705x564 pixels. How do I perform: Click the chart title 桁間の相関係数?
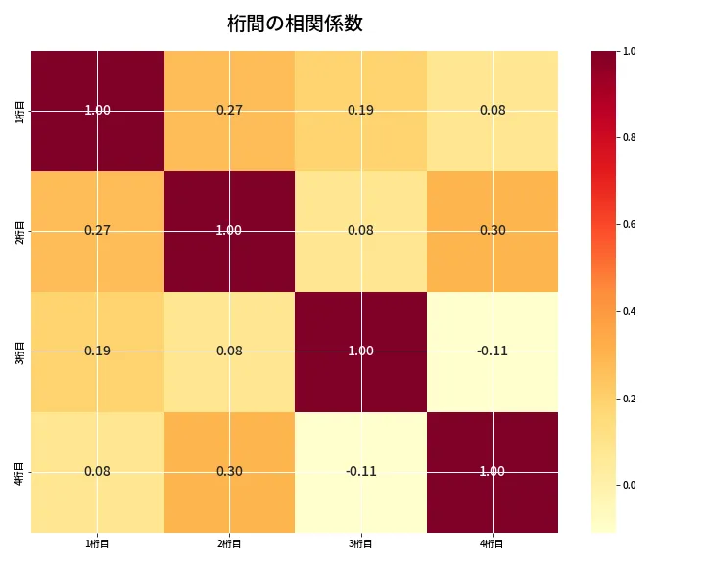pyautogui.click(x=295, y=23)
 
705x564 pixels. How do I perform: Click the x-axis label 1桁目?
pyautogui.click(x=97, y=543)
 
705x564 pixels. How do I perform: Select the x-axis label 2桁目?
pyautogui.click(x=229, y=543)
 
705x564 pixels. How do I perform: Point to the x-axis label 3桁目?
pyautogui.click(x=360, y=543)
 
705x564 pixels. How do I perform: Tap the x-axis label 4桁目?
pyautogui.click(x=492, y=543)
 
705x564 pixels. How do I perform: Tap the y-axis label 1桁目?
pyautogui.click(x=21, y=111)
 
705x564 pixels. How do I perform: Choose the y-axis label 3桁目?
pyautogui.click(x=21, y=352)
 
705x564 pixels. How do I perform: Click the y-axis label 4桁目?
pyautogui.click(x=21, y=472)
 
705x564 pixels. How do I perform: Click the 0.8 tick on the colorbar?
pyautogui.click(x=629, y=137)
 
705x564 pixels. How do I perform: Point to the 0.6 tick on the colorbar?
pyautogui.click(x=629, y=224)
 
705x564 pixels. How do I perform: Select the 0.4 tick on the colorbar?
pyautogui.click(x=629, y=311)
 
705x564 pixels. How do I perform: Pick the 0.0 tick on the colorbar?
pyautogui.click(x=629, y=485)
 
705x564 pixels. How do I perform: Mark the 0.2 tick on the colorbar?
pyautogui.click(x=629, y=399)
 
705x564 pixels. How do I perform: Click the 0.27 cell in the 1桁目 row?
pyautogui.click(x=229, y=111)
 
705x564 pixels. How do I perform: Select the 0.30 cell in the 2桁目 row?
pyautogui.click(x=493, y=231)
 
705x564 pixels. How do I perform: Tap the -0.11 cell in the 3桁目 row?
pyautogui.click(x=493, y=352)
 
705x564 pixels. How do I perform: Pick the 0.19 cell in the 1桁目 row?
pyautogui.click(x=360, y=111)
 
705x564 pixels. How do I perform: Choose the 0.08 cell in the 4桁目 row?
pyautogui.click(x=97, y=472)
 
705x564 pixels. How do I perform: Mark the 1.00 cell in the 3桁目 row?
pyautogui.click(x=360, y=352)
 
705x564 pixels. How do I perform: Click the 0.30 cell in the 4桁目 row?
pyautogui.click(x=229, y=472)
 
